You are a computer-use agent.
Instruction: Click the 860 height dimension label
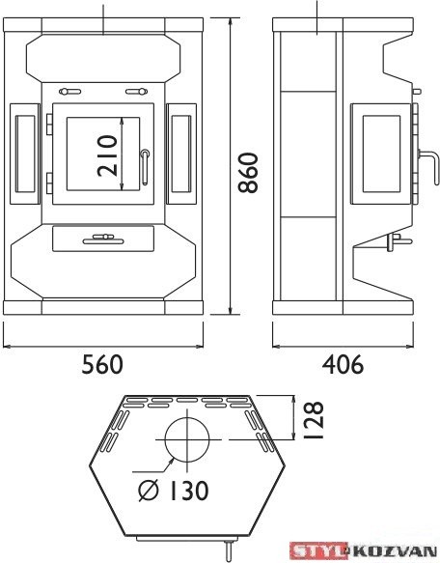point(248,173)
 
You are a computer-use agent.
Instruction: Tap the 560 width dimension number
point(102,364)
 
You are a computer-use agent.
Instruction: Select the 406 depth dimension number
point(343,364)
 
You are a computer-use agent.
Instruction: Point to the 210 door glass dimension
point(107,155)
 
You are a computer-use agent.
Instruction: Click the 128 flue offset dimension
point(313,420)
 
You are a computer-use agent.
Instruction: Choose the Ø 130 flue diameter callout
point(174,491)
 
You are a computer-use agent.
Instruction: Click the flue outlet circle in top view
point(186,439)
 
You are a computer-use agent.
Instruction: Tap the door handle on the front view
point(145,167)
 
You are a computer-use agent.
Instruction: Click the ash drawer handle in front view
point(103,239)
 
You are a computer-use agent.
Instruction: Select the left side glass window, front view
point(25,155)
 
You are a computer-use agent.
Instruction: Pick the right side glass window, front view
point(181,155)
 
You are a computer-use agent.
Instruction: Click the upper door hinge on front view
point(49,125)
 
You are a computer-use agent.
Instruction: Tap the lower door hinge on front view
point(49,183)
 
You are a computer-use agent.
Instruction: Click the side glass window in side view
point(381,154)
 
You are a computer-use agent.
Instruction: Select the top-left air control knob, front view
point(70,92)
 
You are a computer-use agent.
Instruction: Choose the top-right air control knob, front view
point(136,92)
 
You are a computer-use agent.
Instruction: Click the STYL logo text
point(318,551)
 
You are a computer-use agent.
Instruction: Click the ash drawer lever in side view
point(397,241)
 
